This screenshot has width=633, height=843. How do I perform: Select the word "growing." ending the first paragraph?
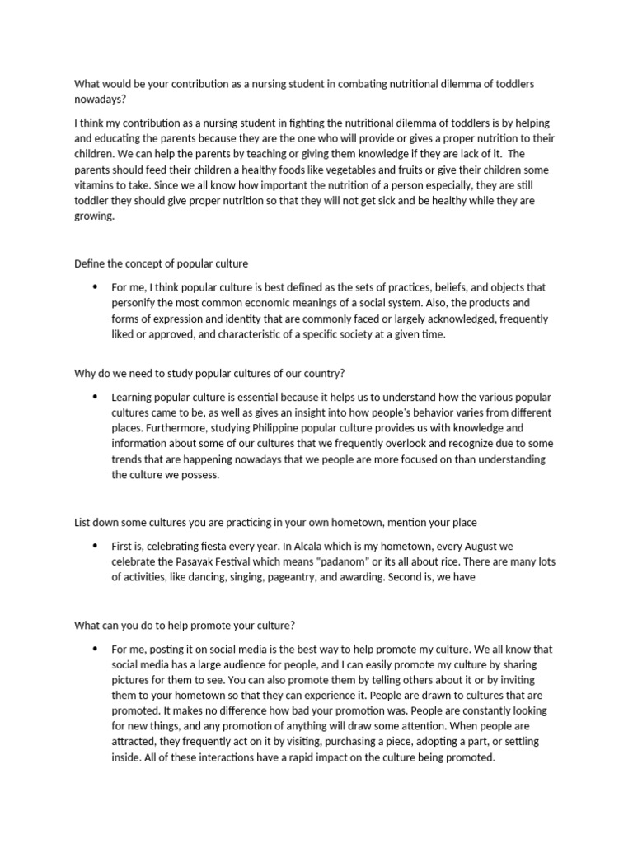point(95,217)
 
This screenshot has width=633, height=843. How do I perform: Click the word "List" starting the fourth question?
point(83,523)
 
